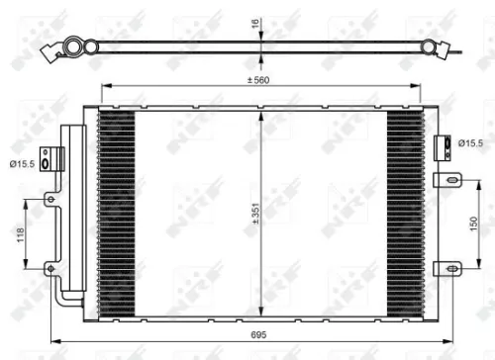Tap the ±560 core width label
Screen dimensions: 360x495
point(261,80)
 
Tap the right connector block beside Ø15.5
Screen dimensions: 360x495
point(440,145)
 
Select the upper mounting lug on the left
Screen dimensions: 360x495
point(49,201)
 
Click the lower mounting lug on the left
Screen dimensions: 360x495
point(49,266)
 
